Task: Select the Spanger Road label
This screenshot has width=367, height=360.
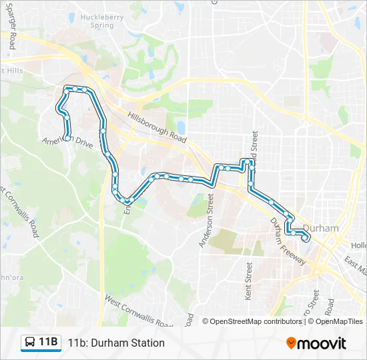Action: [11, 30]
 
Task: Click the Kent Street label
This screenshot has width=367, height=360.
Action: [248, 281]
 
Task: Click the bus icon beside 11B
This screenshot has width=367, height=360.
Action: [30, 343]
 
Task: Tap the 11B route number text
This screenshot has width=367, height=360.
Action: [48, 343]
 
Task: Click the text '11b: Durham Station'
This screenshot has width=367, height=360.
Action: [116, 343]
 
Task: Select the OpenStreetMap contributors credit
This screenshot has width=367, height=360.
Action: [256, 321]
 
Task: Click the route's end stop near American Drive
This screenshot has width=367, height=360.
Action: [67, 138]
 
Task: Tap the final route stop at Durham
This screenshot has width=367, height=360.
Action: [306, 238]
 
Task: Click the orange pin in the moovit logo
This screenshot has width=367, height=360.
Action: [291, 343]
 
